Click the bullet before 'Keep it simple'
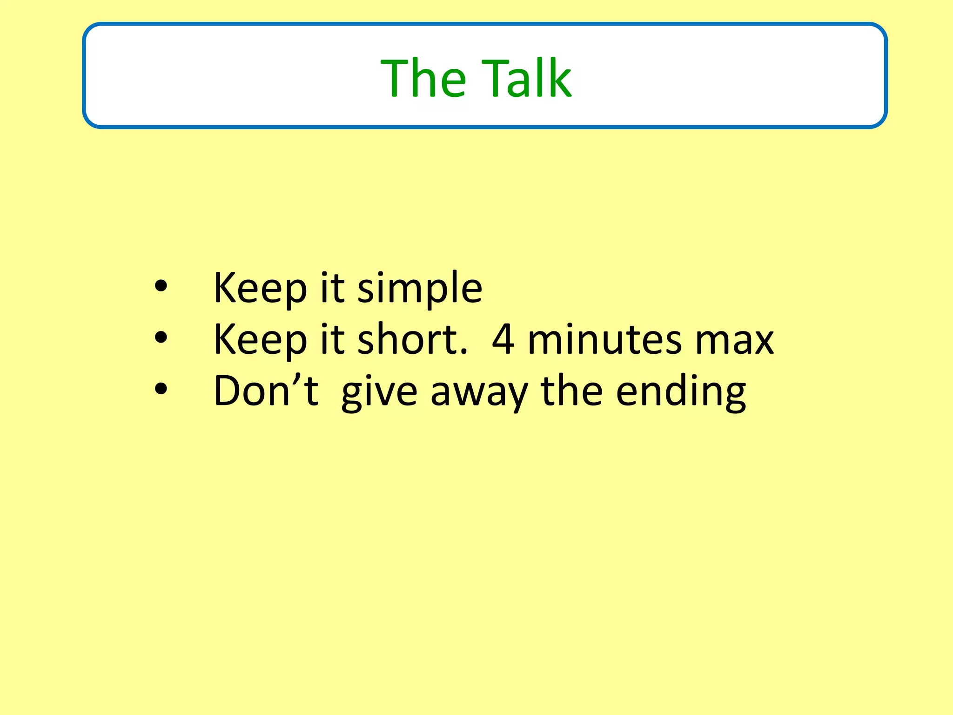161,287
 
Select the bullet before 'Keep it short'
161,338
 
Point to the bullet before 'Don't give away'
161,390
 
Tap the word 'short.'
412,339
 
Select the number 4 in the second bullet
503,339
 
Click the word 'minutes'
605,339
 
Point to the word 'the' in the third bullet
571,390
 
